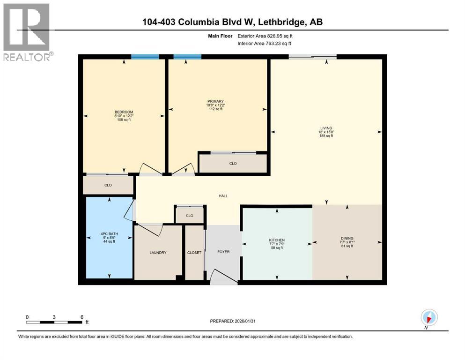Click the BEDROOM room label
coord(124,112)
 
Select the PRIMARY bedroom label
coord(216,101)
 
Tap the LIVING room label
coord(325,128)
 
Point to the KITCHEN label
coord(277,240)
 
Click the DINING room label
coord(347,238)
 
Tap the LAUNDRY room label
coord(158,253)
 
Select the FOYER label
coord(223,252)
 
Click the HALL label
coord(223,196)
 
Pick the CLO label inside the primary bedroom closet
coord(233,164)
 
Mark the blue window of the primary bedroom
coord(187,57)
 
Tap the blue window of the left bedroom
coord(145,57)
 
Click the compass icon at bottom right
coord(429,317)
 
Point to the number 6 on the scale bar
coord(82,317)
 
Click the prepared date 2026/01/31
coord(232,321)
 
